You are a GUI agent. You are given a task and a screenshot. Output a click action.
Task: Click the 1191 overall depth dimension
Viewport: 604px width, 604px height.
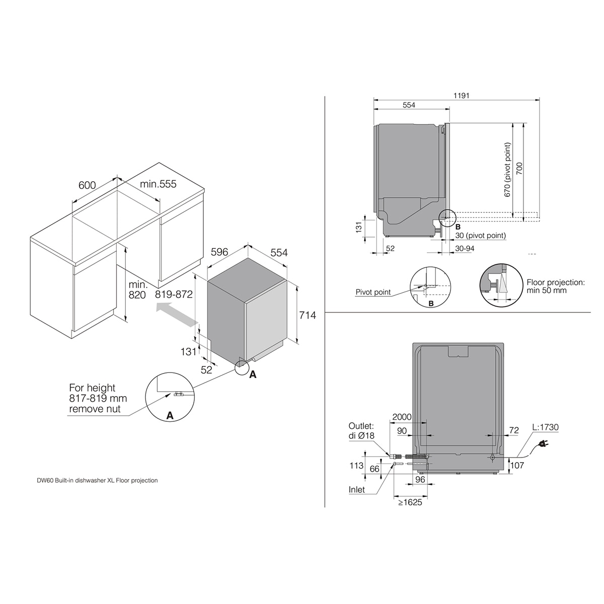[461, 95]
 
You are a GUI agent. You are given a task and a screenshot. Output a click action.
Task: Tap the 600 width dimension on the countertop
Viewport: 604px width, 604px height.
[87, 185]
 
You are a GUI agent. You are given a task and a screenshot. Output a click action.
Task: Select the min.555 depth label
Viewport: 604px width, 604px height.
[158, 184]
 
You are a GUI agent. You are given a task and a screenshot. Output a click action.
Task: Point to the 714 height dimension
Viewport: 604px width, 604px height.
[307, 315]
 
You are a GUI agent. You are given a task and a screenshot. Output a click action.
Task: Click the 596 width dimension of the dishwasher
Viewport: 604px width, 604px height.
[219, 252]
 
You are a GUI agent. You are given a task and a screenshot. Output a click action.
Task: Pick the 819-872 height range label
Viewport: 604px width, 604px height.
[174, 294]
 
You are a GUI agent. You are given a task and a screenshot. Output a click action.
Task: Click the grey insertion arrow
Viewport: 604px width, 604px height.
[177, 315]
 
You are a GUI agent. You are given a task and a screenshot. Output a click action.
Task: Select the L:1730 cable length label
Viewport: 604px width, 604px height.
[546, 427]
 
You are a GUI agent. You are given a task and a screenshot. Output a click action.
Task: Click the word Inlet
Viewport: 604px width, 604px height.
[357, 490]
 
